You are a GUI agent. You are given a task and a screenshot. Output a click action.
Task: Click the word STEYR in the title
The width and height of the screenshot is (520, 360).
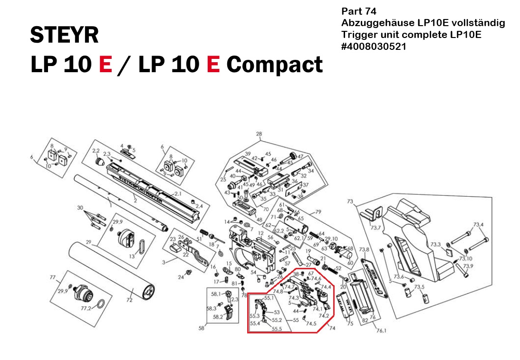[x=64, y=35]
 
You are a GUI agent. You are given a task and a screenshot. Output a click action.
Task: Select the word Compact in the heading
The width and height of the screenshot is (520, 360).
[x=274, y=64]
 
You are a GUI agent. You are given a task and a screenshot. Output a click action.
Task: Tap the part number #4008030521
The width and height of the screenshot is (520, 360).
[x=373, y=47]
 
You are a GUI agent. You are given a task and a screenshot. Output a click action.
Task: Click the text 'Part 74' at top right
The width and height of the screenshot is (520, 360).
[x=359, y=11]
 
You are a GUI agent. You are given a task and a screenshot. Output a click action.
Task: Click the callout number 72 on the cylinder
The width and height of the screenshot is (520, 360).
[x=129, y=300]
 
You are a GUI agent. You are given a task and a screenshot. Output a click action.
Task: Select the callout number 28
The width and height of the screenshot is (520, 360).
[x=259, y=134]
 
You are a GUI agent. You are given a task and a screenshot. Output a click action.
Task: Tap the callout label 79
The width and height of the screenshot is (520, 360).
[x=318, y=211]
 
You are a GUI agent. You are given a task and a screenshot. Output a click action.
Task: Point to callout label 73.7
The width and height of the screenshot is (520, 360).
[x=375, y=228]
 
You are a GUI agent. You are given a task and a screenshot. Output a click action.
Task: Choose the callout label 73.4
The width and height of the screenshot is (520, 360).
[x=478, y=224]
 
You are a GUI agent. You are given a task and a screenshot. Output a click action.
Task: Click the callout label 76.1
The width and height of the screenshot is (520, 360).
[x=367, y=331]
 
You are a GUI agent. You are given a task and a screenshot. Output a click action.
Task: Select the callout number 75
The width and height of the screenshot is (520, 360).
[x=350, y=324]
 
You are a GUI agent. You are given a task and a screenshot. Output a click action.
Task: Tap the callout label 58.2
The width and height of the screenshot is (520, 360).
[x=218, y=317]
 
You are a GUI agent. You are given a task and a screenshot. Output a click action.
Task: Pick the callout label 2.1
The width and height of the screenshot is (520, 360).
[x=178, y=194]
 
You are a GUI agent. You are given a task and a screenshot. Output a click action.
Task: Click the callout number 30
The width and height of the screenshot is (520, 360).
[x=80, y=208]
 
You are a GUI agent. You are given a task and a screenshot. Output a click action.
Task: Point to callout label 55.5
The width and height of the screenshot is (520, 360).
[x=277, y=328]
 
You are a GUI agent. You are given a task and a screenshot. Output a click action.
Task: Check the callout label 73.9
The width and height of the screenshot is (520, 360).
[x=468, y=266]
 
